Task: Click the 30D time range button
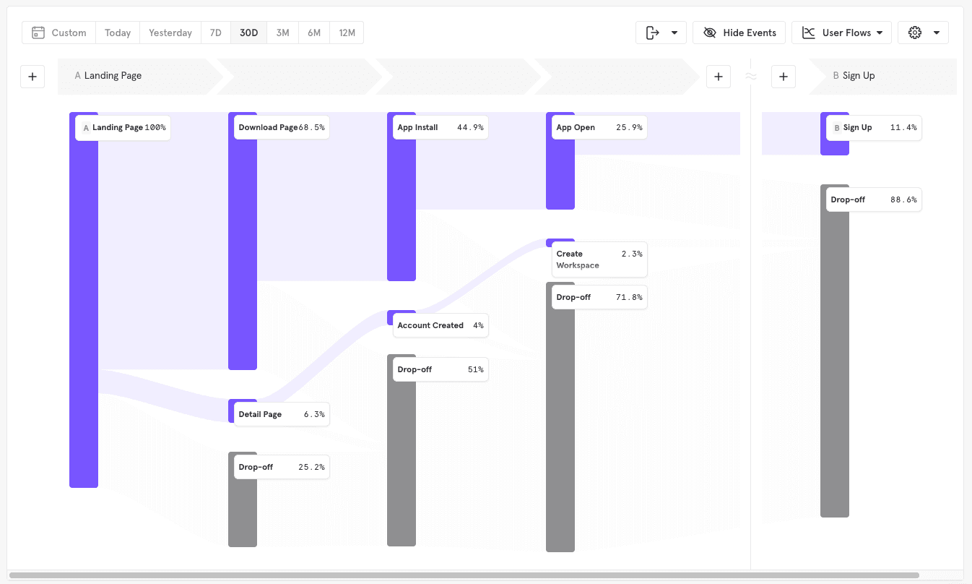[x=248, y=33]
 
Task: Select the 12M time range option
[x=347, y=33]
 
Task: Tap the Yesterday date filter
[x=170, y=33]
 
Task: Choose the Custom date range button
[x=59, y=33]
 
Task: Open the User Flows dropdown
[x=841, y=33]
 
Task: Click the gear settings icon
[x=916, y=33]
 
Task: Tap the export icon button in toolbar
[x=653, y=33]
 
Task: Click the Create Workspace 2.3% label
[x=599, y=259]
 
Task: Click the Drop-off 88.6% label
[x=873, y=199]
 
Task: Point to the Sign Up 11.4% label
[x=873, y=127]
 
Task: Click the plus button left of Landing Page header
[x=32, y=76]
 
